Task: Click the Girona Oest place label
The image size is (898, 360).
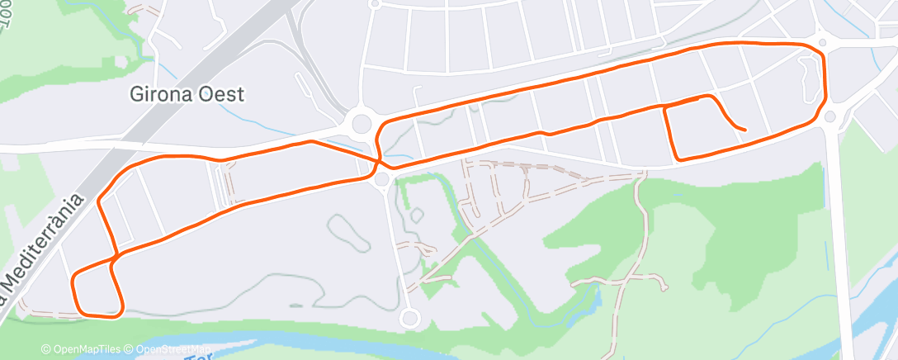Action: coord(187,94)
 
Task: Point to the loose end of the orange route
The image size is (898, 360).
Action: coord(745,130)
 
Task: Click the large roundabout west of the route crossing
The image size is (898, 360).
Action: coord(362,124)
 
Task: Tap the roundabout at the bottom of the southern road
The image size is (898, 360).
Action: coord(408,318)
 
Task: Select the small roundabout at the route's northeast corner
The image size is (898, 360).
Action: coord(823,41)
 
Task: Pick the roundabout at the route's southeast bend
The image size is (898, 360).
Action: coord(830,117)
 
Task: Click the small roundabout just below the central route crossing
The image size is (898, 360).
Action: coord(381,179)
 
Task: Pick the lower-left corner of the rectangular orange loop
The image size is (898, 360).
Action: coord(677,159)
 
